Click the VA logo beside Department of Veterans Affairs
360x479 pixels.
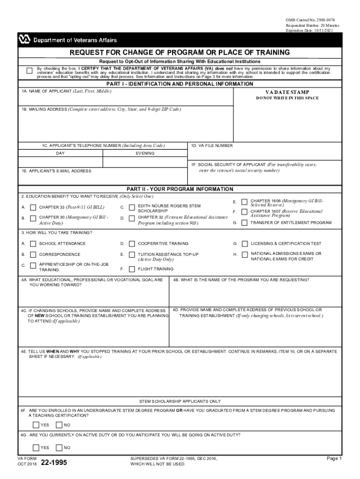(x=24, y=40)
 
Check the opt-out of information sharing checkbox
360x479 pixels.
(x=29, y=71)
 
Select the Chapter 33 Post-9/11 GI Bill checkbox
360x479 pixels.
(x=33, y=207)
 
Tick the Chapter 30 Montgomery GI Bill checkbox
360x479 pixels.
(x=33, y=218)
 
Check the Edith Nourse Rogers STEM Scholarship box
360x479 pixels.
(x=132, y=207)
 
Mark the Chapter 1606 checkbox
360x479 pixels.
(x=245, y=202)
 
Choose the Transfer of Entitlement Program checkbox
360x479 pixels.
(x=245, y=223)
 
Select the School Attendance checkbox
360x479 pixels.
(x=33, y=244)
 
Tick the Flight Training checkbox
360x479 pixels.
(x=132, y=269)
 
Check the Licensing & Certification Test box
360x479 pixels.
(x=245, y=244)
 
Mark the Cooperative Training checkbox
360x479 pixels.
(x=132, y=244)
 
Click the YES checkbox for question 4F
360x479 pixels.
(x=36, y=425)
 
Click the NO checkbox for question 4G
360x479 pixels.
(x=58, y=448)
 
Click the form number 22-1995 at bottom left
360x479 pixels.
(x=54, y=463)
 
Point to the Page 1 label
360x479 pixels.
(x=334, y=459)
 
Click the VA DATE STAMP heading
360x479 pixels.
(x=287, y=92)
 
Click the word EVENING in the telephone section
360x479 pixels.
(x=145, y=153)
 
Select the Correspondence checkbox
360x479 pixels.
(x=33, y=254)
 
